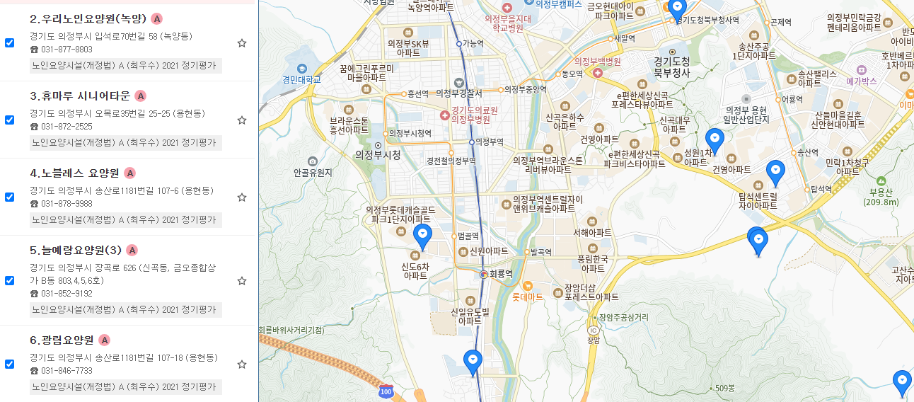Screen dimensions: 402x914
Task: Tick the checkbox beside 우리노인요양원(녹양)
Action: pyautogui.click(x=9, y=42)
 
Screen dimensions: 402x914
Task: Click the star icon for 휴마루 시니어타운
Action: pyautogui.click(x=242, y=120)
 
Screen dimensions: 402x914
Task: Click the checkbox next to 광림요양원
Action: pyautogui.click(x=9, y=364)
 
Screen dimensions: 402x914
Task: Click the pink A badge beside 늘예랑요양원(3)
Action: pyautogui.click(x=132, y=250)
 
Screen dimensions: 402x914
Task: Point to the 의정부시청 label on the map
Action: pyautogui.click(x=378, y=155)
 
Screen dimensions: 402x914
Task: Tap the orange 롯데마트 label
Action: pyautogui.click(x=527, y=297)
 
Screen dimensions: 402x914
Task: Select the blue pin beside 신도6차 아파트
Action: pyautogui.click(x=422, y=236)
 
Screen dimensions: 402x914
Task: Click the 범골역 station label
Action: pyautogui.click(x=468, y=236)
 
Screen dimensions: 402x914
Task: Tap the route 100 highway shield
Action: pyautogui.click(x=386, y=391)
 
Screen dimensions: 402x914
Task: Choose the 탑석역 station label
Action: pyautogui.click(x=821, y=189)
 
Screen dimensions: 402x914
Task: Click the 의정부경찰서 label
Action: pyautogui.click(x=458, y=93)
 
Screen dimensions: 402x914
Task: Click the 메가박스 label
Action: pyautogui.click(x=861, y=81)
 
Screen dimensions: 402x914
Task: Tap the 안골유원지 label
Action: pyautogui.click(x=313, y=172)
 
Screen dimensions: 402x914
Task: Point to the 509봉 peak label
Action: pyautogui.click(x=725, y=388)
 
